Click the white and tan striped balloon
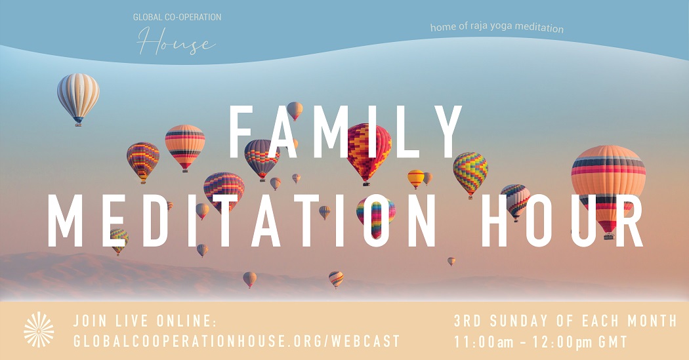tap(78, 98)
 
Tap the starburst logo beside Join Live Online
tap(39, 330)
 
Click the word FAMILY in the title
tap(345, 132)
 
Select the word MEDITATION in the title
tap(241, 220)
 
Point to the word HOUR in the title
tap(562, 220)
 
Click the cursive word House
tap(177, 41)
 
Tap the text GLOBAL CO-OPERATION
tap(177, 17)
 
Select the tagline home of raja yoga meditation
tap(497, 28)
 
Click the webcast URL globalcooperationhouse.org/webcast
tap(236, 341)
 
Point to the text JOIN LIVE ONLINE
tap(145, 321)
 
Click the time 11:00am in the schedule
tap(484, 342)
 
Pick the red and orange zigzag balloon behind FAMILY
tap(369, 151)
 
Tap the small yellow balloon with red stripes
tap(415, 178)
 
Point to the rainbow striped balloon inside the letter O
tap(376, 217)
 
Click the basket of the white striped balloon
tap(78, 124)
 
